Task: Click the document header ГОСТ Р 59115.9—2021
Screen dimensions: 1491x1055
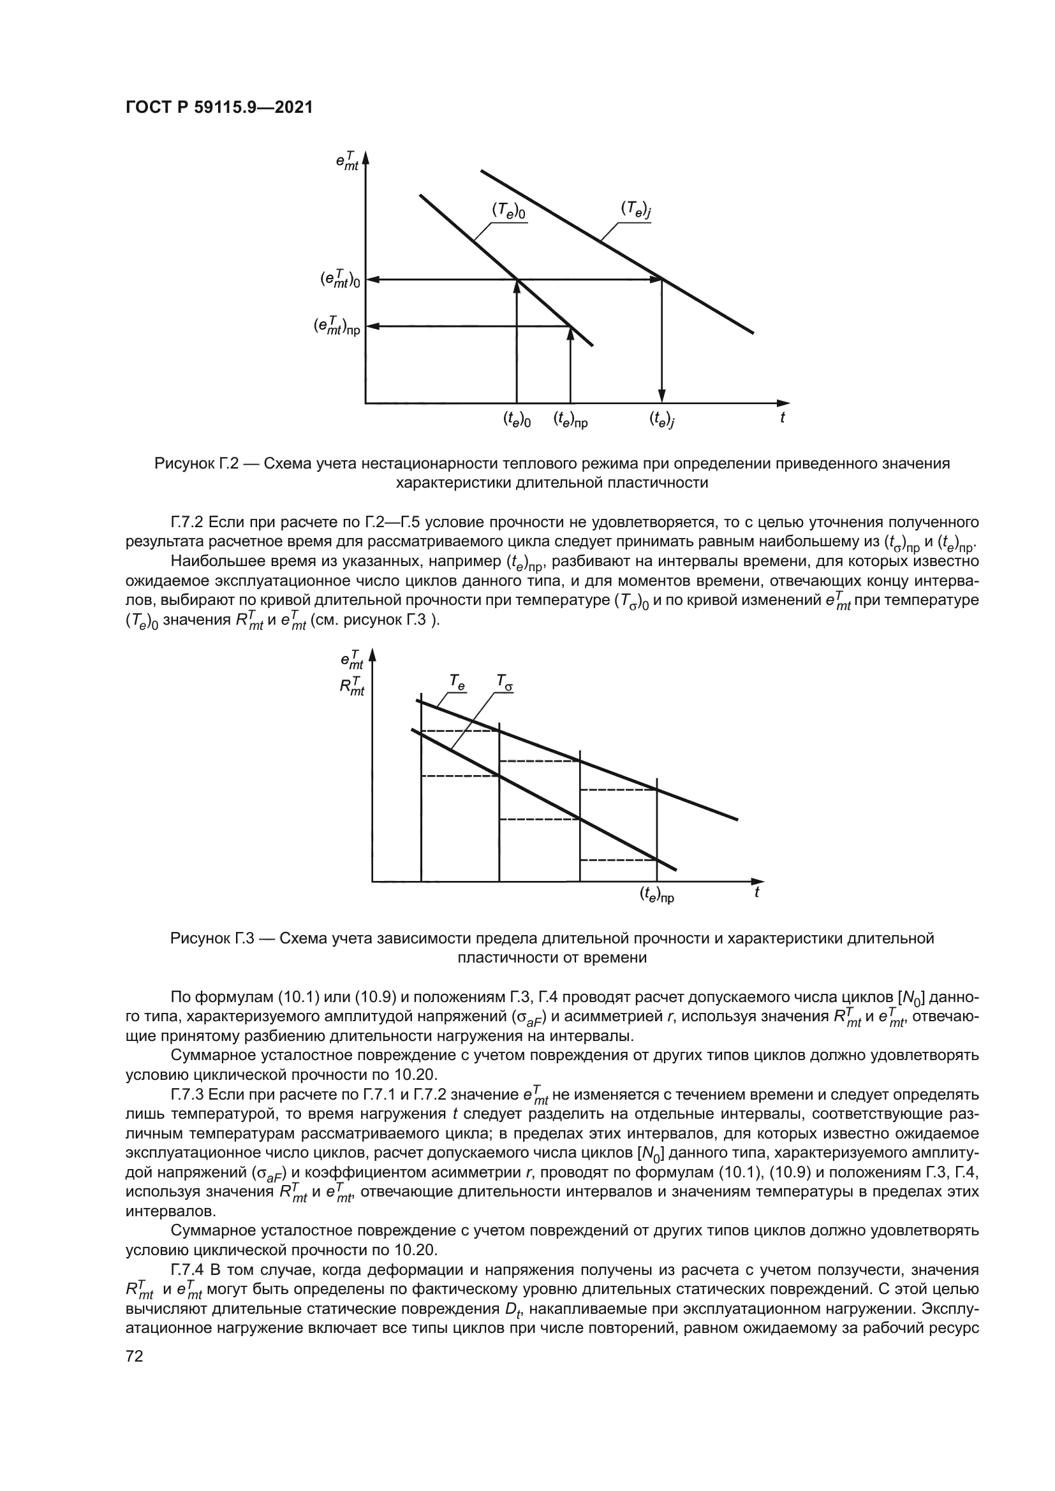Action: [x=219, y=108]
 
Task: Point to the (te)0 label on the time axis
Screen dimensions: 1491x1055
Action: [x=517, y=420]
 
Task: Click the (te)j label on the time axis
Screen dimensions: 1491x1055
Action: [x=662, y=420]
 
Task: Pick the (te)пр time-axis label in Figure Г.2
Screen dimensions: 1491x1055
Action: [x=570, y=421]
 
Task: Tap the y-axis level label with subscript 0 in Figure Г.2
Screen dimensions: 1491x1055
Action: [x=339, y=279]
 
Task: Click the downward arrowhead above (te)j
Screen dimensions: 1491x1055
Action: [x=661, y=395]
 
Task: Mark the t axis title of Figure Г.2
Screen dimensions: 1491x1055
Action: [x=783, y=418]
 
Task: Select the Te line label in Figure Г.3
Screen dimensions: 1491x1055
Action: [x=457, y=681]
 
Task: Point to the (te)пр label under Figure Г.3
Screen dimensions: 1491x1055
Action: [x=657, y=896]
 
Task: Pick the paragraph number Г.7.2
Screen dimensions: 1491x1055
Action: [x=187, y=523]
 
